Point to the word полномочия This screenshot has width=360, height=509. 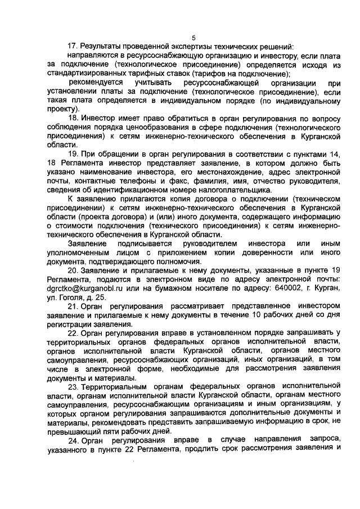tap(178, 262)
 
